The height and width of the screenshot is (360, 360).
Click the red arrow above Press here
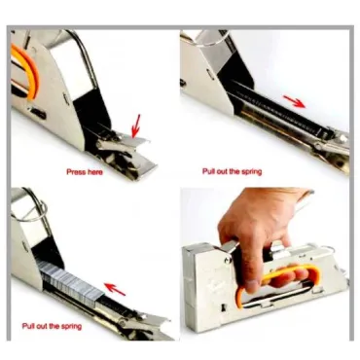click(136, 126)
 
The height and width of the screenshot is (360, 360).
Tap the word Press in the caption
click(76, 171)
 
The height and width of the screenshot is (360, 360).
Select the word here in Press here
click(94, 172)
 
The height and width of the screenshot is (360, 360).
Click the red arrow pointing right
click(294, 101)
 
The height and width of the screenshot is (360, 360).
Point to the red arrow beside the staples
click(116, 289)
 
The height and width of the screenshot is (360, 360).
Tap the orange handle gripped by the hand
click(279, 279)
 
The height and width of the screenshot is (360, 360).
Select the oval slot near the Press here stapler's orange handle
click(39, 114)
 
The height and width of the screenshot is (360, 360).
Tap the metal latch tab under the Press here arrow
click(136, 141)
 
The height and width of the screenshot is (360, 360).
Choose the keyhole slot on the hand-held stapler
click(224, 306)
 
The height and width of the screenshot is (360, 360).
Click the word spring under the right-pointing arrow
click(251, 171)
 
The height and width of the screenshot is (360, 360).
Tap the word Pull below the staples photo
click(27, 326)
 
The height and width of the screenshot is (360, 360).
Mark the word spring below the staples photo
click(70, 326)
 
